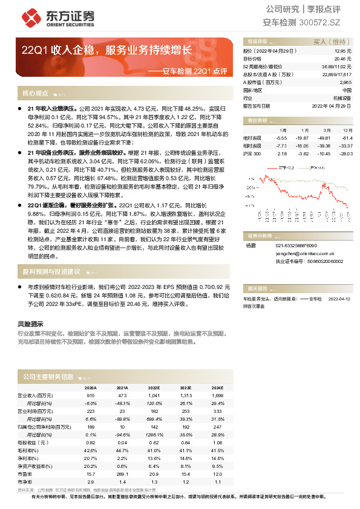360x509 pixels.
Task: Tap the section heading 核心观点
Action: (35, 94)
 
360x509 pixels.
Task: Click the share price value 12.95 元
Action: (342, 51)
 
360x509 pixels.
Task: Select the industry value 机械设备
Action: (341, 97)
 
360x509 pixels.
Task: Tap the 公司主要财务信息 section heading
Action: (48, 377)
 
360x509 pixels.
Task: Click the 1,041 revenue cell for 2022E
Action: (154, 395)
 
